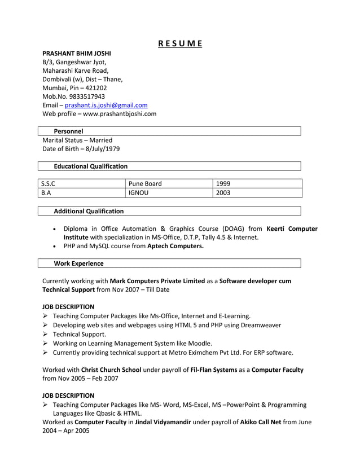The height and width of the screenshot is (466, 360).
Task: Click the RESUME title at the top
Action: tap(179, 44)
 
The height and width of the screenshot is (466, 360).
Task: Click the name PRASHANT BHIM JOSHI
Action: tap(77, 53)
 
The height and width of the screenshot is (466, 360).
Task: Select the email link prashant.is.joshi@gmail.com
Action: tap(106, 105)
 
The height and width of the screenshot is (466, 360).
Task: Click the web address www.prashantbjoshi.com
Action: tap(120, 113)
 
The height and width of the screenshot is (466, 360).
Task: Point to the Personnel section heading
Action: tap(68, 131)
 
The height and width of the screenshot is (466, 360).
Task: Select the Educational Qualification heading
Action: tap(90, 166)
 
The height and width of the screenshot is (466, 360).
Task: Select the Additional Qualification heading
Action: tap(89, 211)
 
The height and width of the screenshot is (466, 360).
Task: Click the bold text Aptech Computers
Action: tap(175, 247)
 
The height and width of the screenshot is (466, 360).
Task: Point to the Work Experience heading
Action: tap(78, 263)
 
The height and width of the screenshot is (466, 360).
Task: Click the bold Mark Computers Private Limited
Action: tap(157, 281)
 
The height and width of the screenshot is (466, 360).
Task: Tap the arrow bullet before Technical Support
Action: tap(46, 334)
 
